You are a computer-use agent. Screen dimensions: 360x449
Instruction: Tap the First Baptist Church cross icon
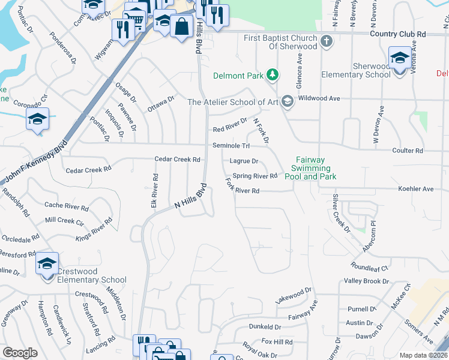click(326, 41)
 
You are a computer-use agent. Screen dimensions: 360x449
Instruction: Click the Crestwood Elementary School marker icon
click(47, 264)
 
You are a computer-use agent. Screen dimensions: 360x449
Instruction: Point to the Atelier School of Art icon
click(287, 101)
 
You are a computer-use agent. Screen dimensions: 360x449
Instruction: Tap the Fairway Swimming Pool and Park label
click(315, 169)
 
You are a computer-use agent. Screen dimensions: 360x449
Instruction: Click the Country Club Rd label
click(397, 34)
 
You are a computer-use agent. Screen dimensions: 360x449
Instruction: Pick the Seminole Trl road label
click(231, 146)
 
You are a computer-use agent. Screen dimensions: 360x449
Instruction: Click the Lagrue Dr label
click(244, 161)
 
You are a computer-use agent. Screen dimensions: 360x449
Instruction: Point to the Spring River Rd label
click(255, 176)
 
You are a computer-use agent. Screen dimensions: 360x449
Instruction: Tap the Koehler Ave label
click(415, 189)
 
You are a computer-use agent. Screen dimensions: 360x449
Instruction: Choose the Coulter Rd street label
click(407, 151)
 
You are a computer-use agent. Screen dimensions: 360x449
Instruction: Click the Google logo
click(20, 353)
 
